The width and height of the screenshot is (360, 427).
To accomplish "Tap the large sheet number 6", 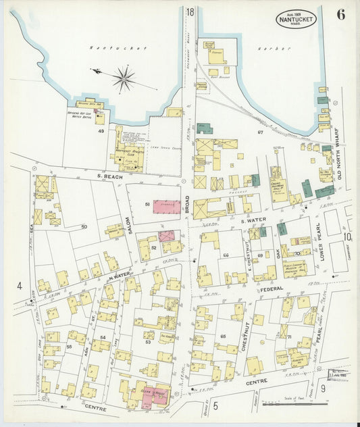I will [x=340, y=16].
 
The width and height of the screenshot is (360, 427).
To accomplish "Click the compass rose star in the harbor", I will [x=124, y=79].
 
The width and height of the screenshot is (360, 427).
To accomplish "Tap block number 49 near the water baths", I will [x=100, y=131].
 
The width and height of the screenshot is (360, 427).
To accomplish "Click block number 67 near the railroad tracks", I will [x=259, y=132].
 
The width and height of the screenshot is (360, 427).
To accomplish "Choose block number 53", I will [x=147, y=343].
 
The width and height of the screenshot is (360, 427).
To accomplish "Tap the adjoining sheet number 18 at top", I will [x=190, y=11].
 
